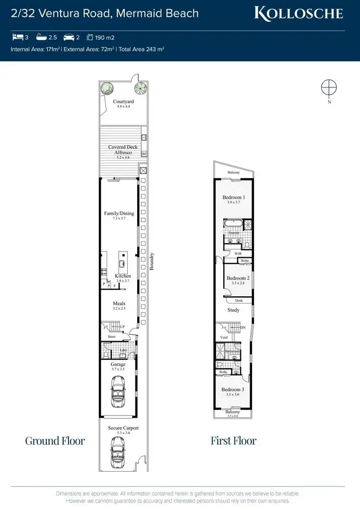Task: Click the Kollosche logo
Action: tap(299, 13)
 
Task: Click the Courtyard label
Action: tap(123, 102)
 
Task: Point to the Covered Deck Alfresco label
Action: tap(123, 150)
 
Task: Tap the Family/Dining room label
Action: tap(119, 213)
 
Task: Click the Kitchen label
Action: tap(123, 276)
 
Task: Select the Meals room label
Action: tap(119, 304)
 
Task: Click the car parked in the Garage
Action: tap(118, 390)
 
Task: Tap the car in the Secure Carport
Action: tap(118, 454)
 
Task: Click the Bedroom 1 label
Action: tap(234, 197)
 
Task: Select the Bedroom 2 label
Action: tap(238, 279)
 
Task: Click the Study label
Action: tap(233, 310)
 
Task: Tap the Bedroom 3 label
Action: tap(233, 389)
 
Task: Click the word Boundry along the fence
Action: tap(151, 262)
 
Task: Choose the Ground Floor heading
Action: tap(55, 441)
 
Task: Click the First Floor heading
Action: tap(233, 441)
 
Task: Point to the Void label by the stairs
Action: tap(224, 338)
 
